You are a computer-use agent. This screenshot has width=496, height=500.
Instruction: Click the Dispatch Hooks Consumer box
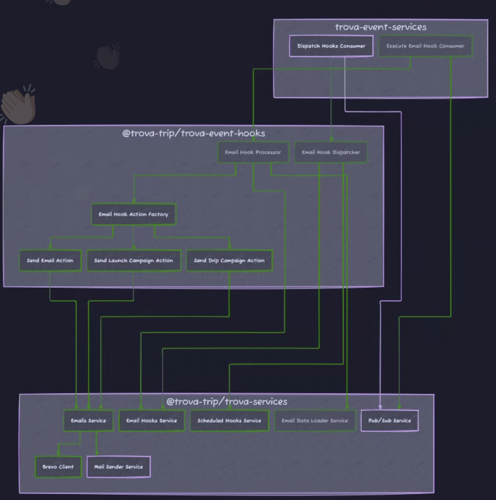pyautogui.click(x=331, y=46)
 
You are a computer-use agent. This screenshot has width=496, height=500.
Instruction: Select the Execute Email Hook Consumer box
pyautogui.click(x=425, y=46)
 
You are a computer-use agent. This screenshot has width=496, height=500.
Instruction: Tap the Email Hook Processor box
pyautogui.click(x=253, y=152)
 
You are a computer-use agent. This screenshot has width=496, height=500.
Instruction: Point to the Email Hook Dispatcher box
pyautogui.click(x=331, y=152)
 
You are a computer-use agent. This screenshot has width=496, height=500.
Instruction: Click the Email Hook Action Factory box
pyautogui.click(x=133, y=214)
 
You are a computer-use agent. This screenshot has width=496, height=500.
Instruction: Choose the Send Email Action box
pyautogui.click(x=50, y=260)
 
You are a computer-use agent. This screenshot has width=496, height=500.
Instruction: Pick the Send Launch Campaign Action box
pyautogui.click(x=133, y=260)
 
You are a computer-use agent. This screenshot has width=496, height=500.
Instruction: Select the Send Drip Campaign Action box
pyautogui.click(x=229, y=260)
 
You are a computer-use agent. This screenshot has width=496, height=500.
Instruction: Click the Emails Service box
pyautogui.click(x=88, y=421)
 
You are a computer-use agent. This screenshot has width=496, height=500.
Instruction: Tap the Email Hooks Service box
pyautogui.click(x=151, y=421)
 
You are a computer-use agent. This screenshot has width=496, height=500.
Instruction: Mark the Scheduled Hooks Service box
pyautogui.click(x=229, y=421)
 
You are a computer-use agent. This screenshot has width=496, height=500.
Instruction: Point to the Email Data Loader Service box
pyautogui.click(x=315, y=421)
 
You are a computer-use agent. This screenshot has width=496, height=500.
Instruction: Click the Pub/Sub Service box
pyautogui.click(x=389, y=421)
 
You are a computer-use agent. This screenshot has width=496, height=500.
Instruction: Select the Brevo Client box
pyautogui.click(x=58, y=467)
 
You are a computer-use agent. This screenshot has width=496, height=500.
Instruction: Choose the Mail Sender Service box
pyautogui.click(x=119, y=467)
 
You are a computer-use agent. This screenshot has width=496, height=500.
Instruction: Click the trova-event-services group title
pyautogui.click(x=380, y=27)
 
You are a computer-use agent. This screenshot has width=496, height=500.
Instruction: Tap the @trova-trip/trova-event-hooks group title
pyautogui.click(x=193, y=133)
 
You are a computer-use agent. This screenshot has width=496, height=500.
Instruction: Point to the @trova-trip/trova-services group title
pyautogui.click(x=227, y=401)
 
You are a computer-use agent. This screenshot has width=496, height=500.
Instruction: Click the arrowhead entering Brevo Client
pyautogui.click(x=58, y=454)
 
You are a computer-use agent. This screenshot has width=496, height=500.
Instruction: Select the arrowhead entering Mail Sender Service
pyautogui.click(x=97, y=453)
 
